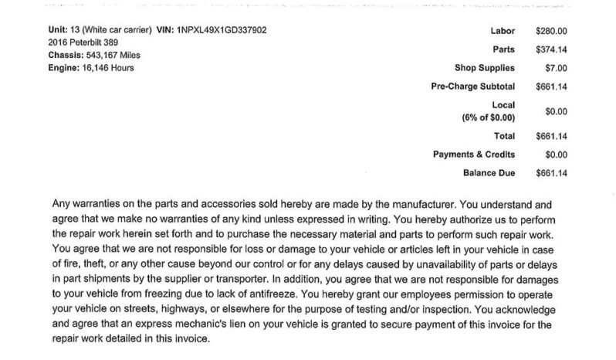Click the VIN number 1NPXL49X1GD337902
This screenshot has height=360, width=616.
222,30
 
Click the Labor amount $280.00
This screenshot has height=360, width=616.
551,31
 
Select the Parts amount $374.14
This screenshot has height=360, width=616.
551,49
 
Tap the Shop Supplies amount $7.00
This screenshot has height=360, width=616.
556,68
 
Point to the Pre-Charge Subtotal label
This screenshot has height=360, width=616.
472,87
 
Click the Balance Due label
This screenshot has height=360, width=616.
489,173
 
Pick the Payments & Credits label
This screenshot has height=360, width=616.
474,155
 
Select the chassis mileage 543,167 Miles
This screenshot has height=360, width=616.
112,55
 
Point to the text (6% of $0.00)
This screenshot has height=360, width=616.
489,117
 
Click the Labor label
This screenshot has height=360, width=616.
502,31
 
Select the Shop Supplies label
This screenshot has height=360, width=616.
485,68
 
